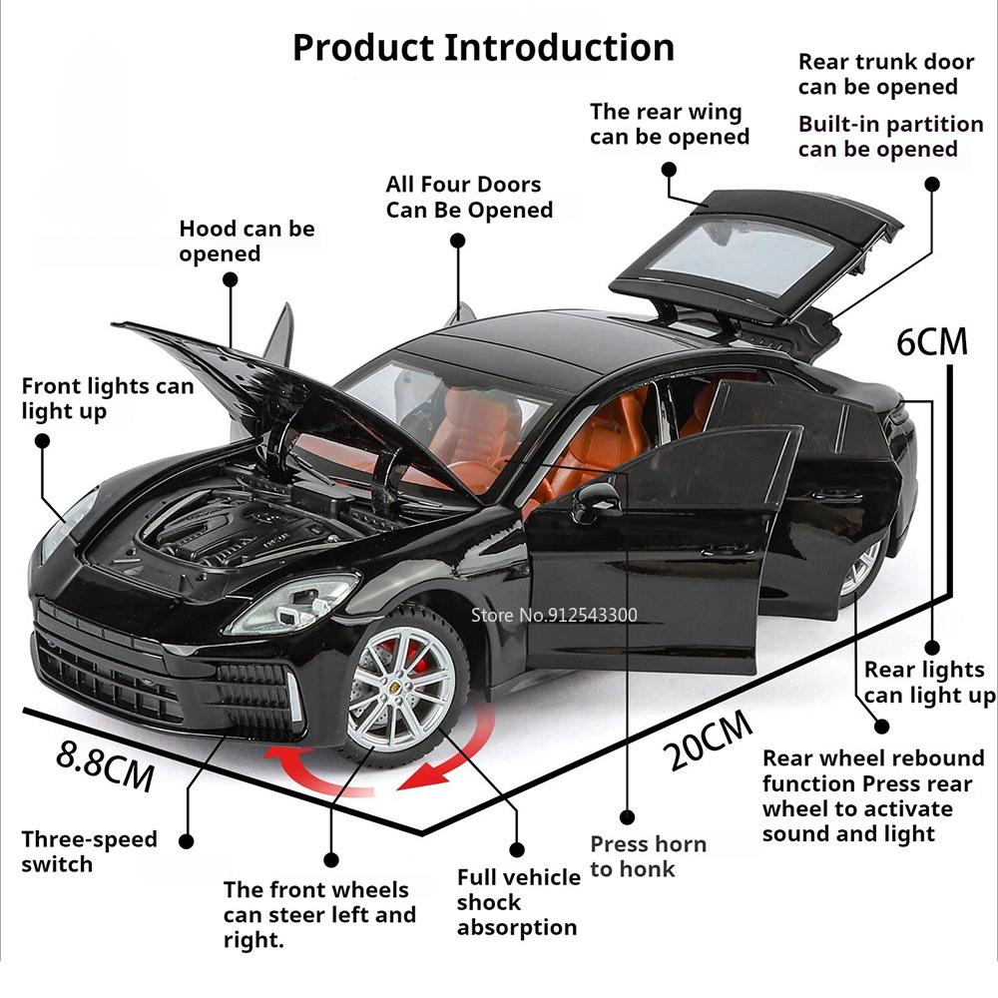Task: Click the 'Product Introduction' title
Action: click(x=483, y=47)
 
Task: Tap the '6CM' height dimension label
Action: click(x=932, y=341)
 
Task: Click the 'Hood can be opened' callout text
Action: click(x=247, y=241)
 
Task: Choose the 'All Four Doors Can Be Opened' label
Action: click(x=469, y=197)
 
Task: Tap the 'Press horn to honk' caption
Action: click(x=648, y=856)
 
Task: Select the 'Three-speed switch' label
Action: click(x=89, y=851)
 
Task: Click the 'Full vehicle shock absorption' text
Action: click(x=518, y=902)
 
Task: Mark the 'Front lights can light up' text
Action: click(x=107, y=398)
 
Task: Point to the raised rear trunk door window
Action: click(x=744, y=254)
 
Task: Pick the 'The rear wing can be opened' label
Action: click(x=669, y=124)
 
